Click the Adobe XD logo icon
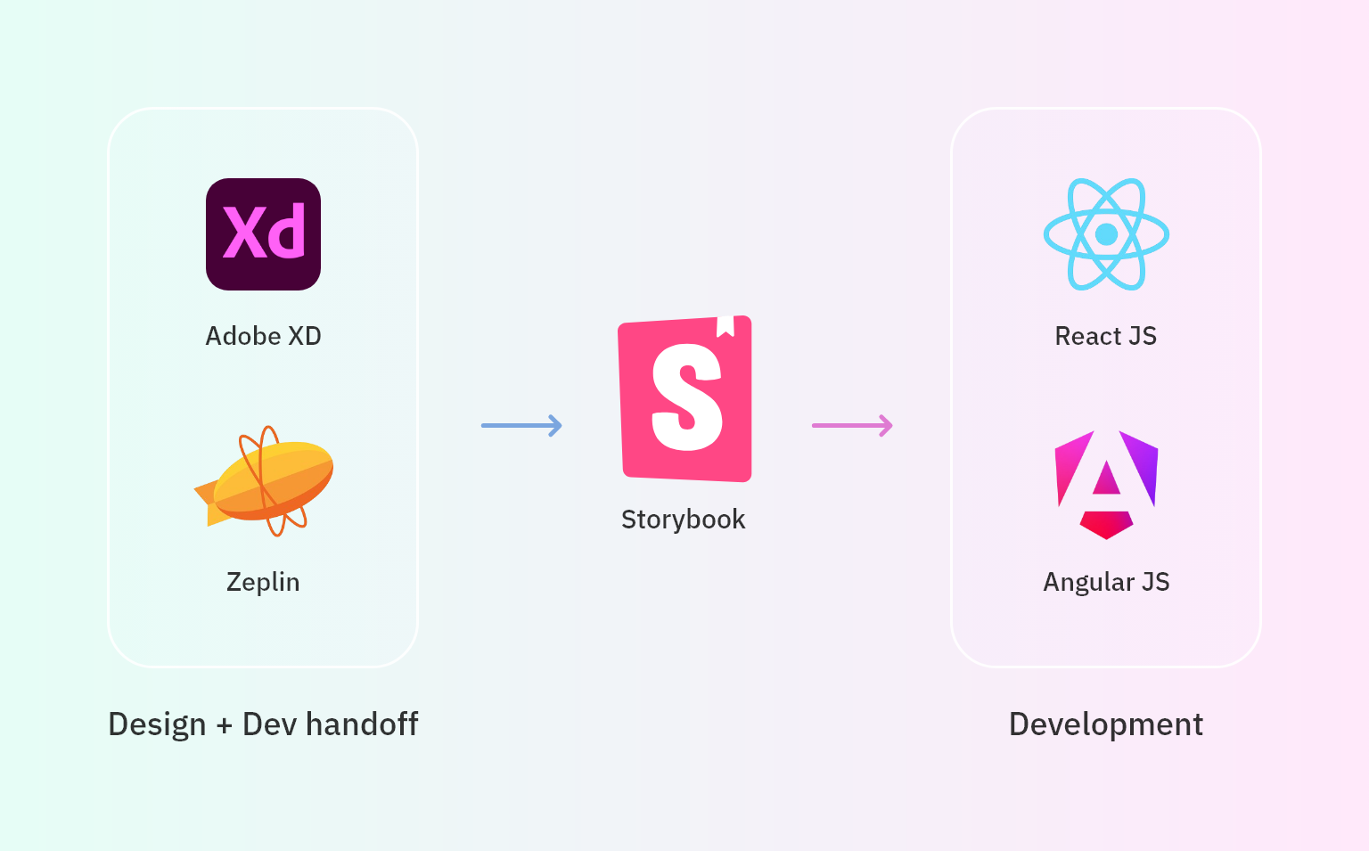264,234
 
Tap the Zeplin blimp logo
264,481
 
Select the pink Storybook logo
685,398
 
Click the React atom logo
1106,234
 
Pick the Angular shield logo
1106,485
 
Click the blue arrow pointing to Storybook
521,425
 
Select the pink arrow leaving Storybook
852,425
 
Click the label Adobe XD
264,336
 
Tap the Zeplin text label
264,582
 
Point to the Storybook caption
684,520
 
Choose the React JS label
1106,336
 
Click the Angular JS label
1106,582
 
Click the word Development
1106,724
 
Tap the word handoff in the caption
362,724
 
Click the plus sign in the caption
225,725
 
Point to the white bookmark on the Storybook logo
725,326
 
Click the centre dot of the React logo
1106,234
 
